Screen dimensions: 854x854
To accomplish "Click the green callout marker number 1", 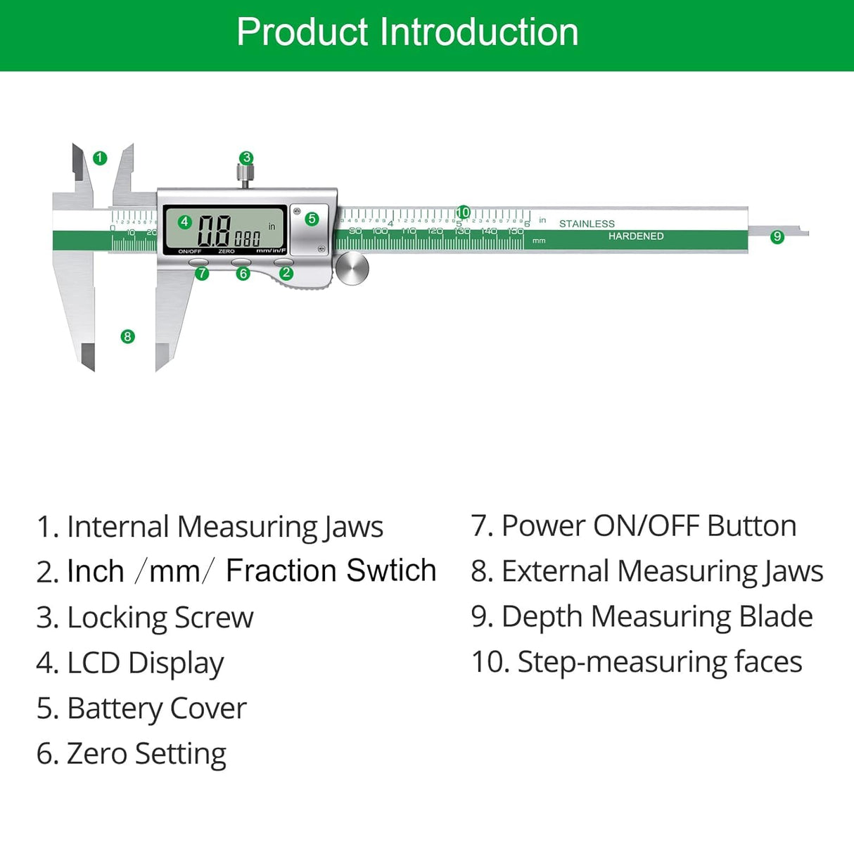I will pos(100,158).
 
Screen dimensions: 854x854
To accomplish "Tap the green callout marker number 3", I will pos(246,158).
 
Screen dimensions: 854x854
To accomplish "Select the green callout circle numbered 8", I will pos(127,336).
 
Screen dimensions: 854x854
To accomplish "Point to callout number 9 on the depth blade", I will pos(777,236).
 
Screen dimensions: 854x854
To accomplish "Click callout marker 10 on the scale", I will pos(463,212).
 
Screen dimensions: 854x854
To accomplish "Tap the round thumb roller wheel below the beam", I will pos(352,269).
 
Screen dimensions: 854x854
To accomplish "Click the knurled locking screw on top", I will pos(245,173).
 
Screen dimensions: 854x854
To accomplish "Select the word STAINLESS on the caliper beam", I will pos(587,224).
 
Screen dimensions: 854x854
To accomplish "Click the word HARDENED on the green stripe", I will pos(636,236).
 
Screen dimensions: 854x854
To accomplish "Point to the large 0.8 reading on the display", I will pos(214,230).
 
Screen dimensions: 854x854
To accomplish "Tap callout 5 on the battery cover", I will pos(312,219).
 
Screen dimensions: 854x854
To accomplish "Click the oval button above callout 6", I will pos(241,262).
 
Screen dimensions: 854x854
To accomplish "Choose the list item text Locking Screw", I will pos(160,618).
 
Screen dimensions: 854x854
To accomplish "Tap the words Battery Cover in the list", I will pos(156,708).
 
